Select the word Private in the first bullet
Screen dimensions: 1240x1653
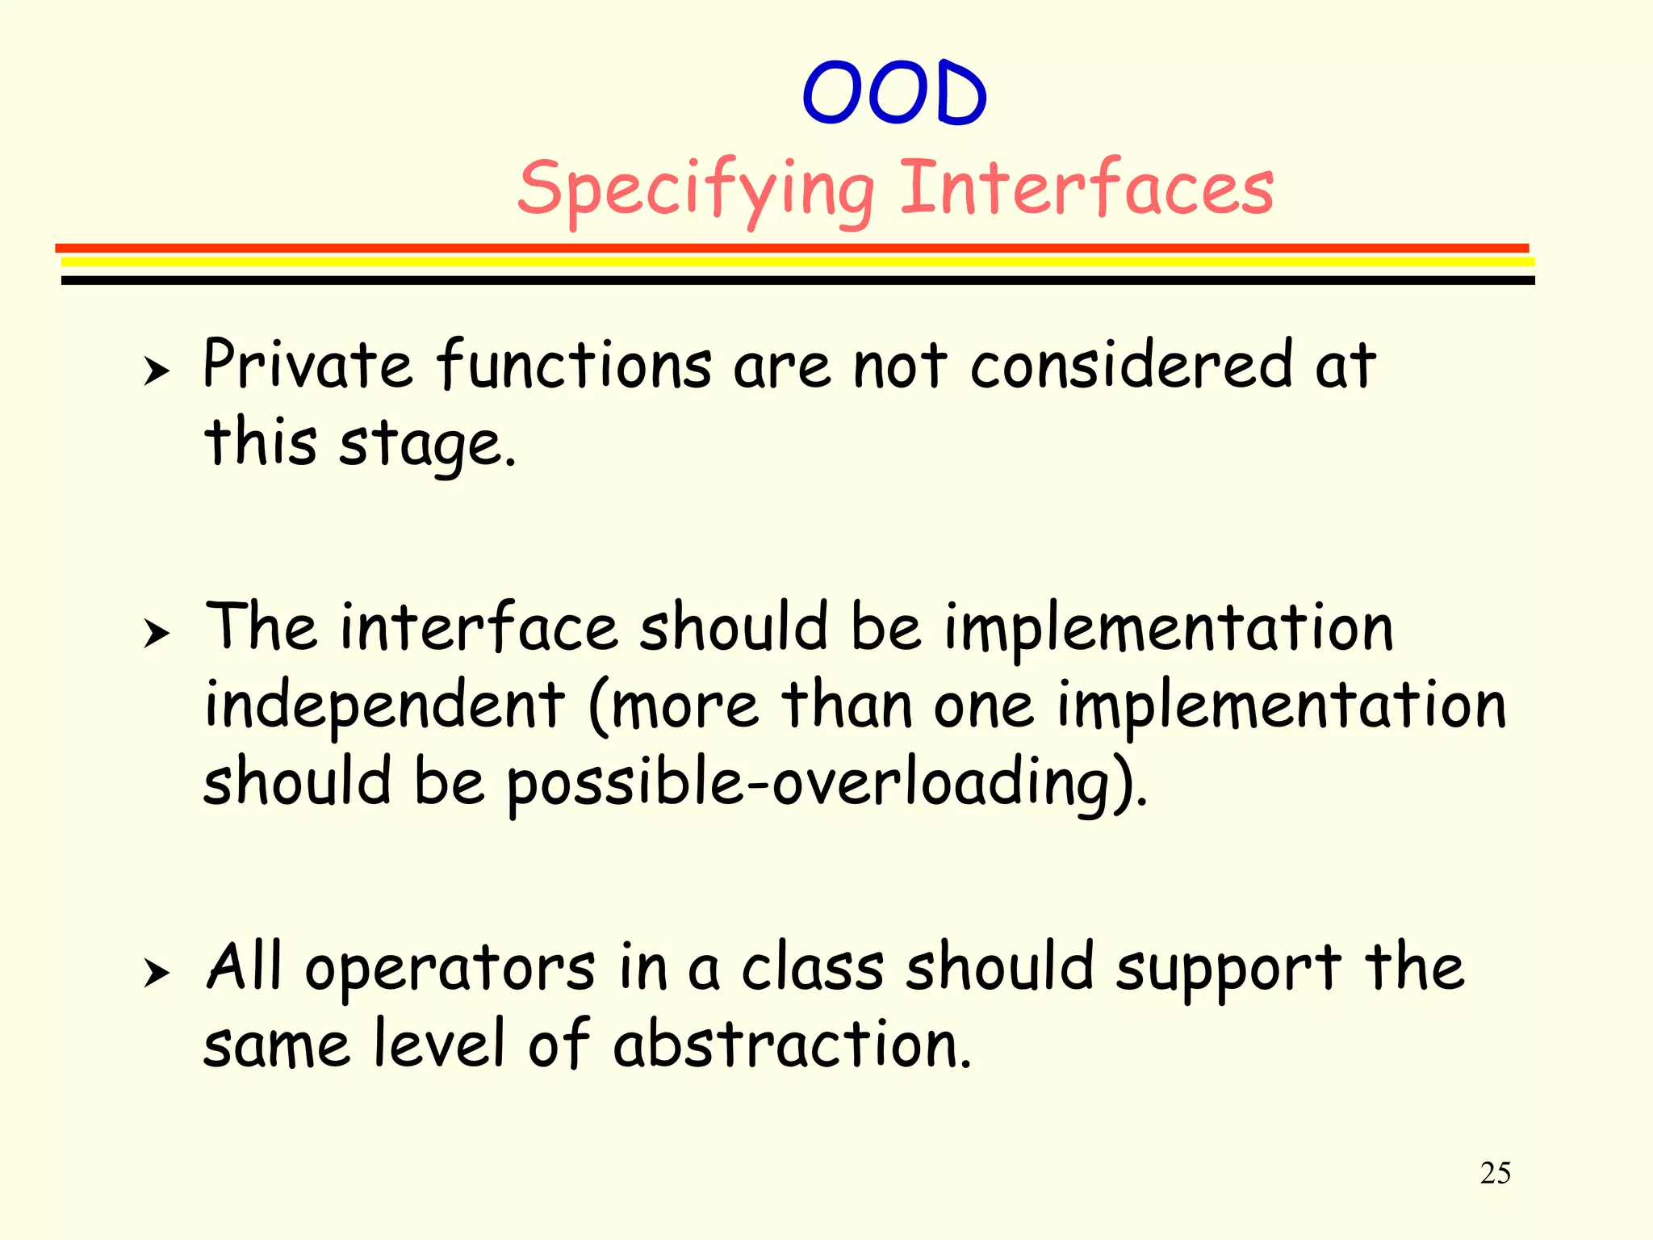(307, 365)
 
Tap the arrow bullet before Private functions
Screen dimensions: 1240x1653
(157, 372)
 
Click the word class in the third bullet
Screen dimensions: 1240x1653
(812, 967)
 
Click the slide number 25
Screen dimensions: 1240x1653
(1495, 1173)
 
